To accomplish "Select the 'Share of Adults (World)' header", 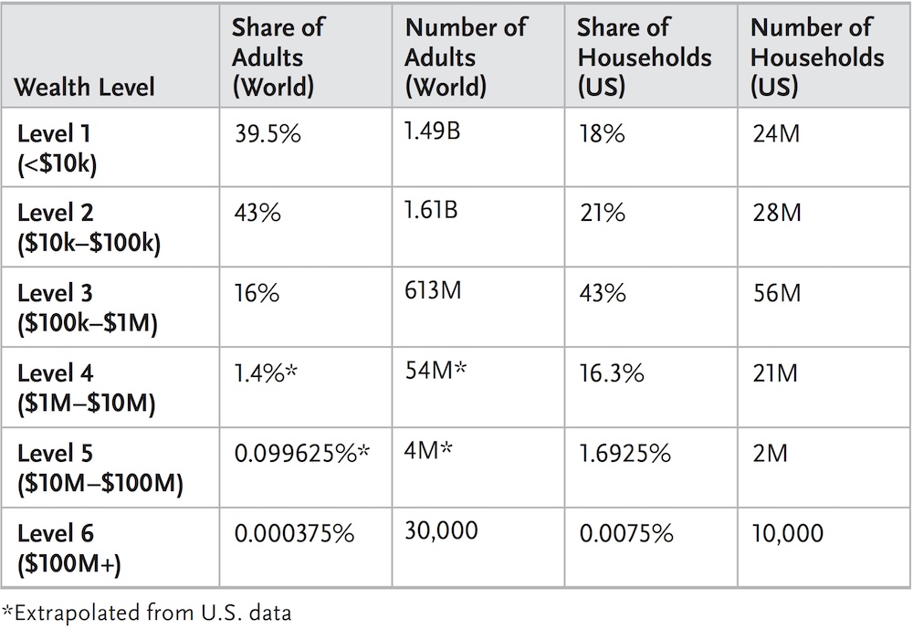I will coord(277,57).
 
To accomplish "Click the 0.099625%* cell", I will coord(301,454).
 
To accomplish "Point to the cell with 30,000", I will coord(444,532).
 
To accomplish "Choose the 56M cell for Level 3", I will coord(775,294).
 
